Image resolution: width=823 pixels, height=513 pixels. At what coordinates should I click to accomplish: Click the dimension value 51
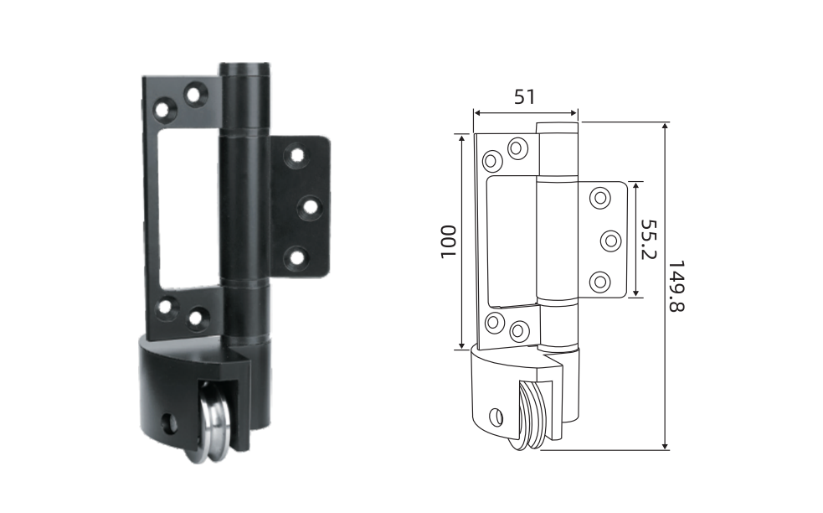click(x=524, y=96)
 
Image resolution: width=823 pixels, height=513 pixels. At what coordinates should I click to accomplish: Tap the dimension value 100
click(x=448, y=241)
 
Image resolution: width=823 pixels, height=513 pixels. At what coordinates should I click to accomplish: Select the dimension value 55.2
click(x=649, y=239)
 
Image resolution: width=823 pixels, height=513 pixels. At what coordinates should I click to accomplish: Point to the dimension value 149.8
click(x=676, y=286)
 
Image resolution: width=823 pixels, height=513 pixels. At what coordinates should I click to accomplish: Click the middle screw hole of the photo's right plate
click(x=310, y=208)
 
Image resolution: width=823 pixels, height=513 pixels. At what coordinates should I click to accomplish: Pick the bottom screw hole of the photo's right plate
click(x=296, y=257)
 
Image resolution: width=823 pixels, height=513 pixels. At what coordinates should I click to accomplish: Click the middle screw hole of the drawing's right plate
click(x=611, y=241)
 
